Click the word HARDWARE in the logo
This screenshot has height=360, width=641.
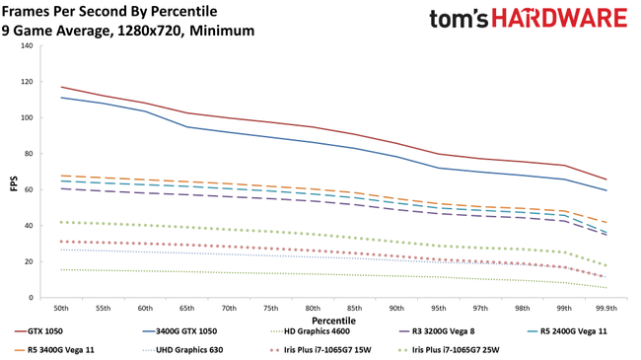[x=556, y=19]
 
